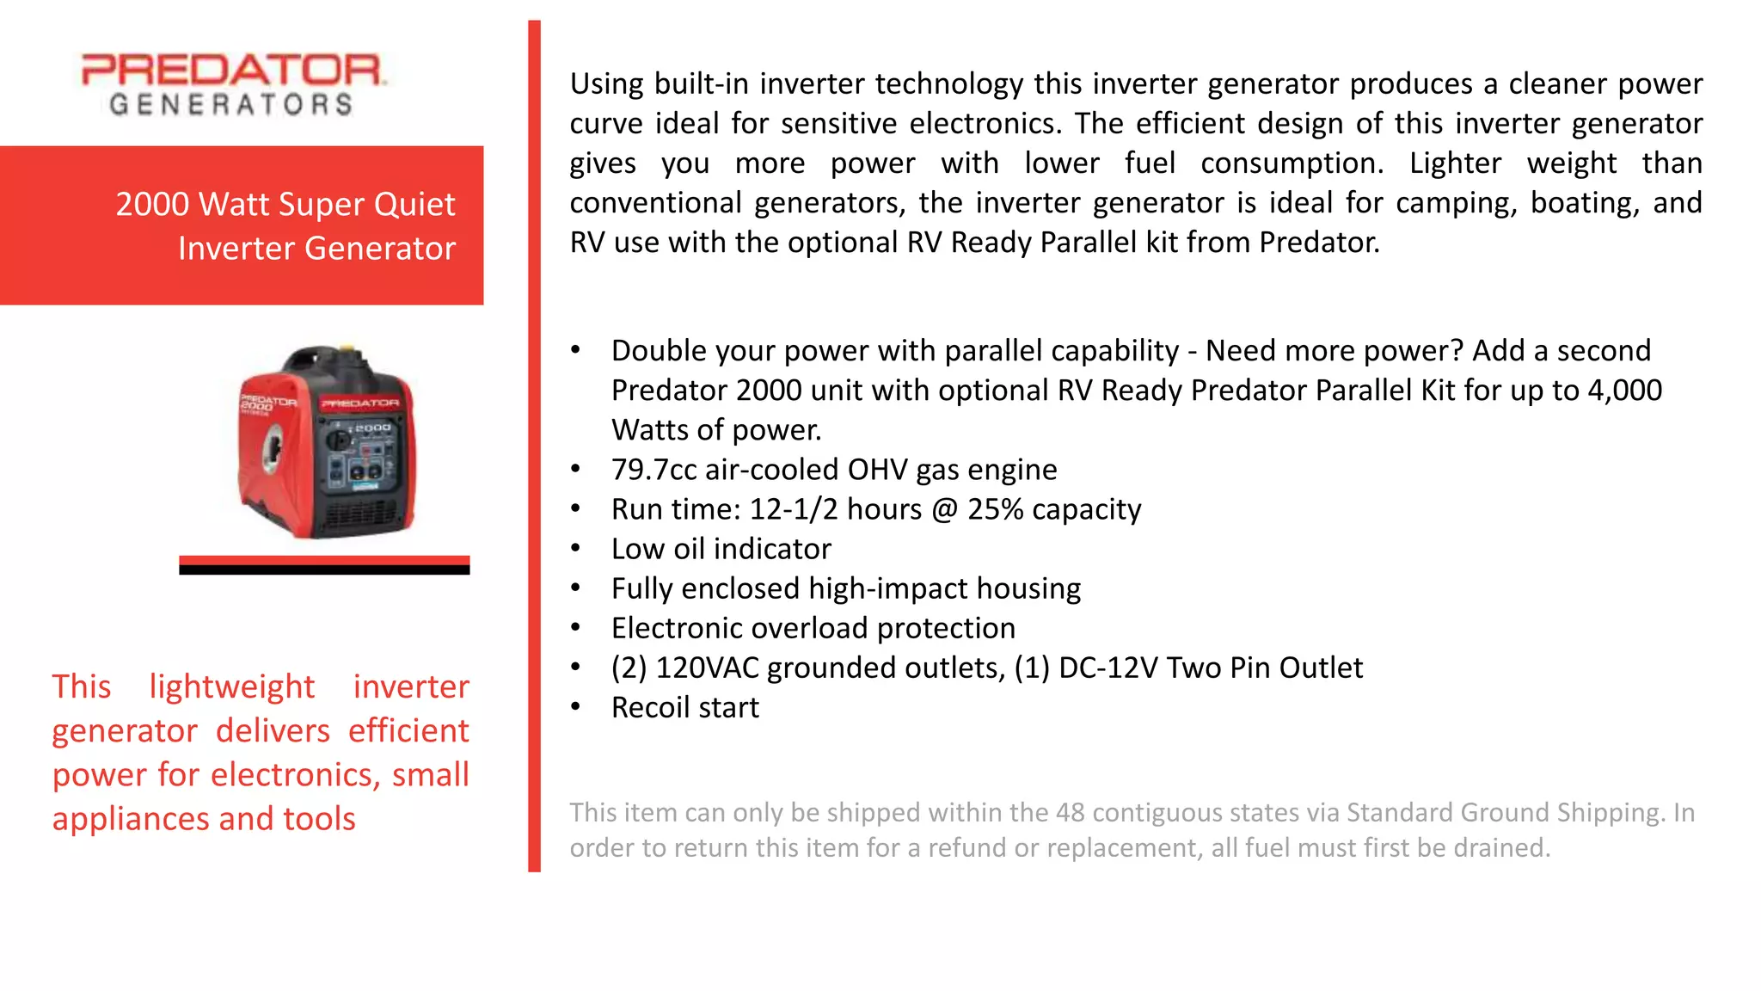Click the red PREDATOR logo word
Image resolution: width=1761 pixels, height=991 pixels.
[x=232, y=70]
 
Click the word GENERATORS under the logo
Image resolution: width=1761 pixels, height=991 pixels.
[x=230, y=105]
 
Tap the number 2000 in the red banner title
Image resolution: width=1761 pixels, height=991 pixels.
[x=152, y=205]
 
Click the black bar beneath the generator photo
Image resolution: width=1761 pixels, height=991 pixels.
[x=324, y=569]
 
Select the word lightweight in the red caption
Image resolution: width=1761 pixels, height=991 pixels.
[x=231, y=686]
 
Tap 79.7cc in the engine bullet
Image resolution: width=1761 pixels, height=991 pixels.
[x=653, y=470]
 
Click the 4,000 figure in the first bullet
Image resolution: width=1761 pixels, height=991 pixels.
[x=1624, y=391]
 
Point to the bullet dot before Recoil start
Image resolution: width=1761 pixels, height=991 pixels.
[x=576, y=706]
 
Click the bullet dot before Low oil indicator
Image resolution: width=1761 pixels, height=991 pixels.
[x=576, y=548]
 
